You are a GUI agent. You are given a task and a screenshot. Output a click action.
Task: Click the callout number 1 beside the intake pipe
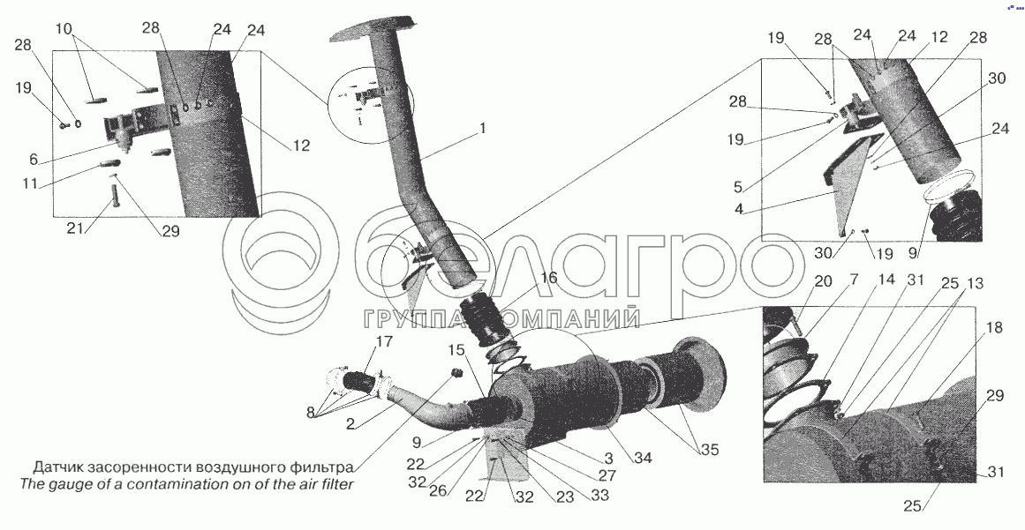(x=482, y=129)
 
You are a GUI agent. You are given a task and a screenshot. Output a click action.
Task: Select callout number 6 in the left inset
(x=34, y=160)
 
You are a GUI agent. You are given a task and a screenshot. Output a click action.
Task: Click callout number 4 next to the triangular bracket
(x=737, y=187)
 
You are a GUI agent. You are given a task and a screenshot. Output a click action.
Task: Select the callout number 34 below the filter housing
(x=644, y=459)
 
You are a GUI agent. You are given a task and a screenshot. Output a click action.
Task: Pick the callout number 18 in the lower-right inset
(x=993, y=329)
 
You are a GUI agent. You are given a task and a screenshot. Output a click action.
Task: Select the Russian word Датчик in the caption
(x=58, y=467)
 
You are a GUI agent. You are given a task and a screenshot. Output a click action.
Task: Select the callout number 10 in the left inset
(x=64, y=29)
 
